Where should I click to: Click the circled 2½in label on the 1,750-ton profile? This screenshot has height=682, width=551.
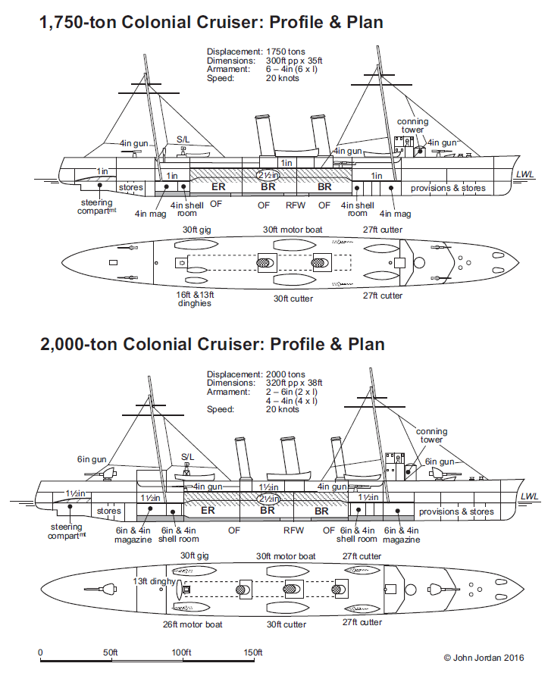coord(268,175)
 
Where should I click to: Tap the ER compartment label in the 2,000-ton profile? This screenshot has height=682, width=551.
coord(208,510)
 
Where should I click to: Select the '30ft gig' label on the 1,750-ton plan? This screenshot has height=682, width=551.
coord(196,230)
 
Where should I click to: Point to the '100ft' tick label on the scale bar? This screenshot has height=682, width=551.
coord(181,652)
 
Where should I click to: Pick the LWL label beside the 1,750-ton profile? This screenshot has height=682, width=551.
coord(525,174)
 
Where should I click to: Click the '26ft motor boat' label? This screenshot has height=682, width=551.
coord(193,624)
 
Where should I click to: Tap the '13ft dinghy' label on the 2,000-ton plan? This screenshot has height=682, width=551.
coord(155,581)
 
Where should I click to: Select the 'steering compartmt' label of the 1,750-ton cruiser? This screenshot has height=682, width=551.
coord(96,207)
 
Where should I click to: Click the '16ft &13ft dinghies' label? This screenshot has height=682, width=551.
coord(195,299)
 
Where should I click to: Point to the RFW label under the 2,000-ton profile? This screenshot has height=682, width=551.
coord(293,530)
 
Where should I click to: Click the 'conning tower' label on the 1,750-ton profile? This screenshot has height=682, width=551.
coord(413,125)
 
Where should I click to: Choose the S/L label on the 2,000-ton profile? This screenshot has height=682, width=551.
coord(187,457)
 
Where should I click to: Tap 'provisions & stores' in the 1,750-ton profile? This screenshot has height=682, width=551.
coord(448,188)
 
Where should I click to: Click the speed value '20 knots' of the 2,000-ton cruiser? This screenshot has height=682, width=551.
coord(283,409)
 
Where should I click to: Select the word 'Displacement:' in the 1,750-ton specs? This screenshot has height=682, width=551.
coord(235,52)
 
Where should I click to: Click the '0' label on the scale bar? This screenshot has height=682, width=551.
coord(40,652)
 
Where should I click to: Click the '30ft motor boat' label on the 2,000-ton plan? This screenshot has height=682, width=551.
coord(286,556)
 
